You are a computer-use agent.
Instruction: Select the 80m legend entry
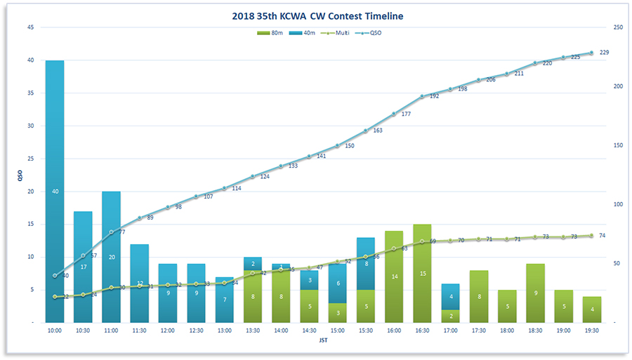(272, 32)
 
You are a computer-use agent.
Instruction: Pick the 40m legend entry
(303, 32)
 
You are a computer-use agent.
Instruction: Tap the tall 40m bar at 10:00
(55, 191)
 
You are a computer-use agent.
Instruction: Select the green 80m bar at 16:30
(422, 273)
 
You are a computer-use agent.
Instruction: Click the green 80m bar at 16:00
(394, 276)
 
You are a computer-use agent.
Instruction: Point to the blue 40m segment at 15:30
(366, 264)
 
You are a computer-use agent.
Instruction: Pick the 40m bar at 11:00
(111, 257)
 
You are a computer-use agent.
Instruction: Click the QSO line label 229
(604, 53)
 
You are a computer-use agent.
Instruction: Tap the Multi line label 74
(603, 236)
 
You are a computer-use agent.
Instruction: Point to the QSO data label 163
(378, 131)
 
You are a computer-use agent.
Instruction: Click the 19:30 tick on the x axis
(591, 329)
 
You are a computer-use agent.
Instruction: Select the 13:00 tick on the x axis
(224, 329)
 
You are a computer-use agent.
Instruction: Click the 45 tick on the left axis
(30, 27)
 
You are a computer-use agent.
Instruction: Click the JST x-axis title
(322, 341)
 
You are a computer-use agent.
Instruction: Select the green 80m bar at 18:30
(535, 293)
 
